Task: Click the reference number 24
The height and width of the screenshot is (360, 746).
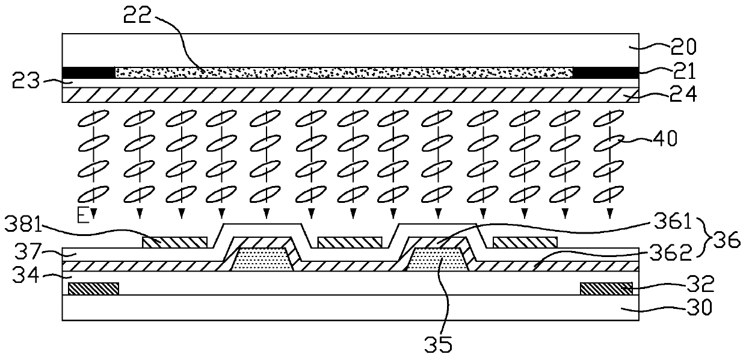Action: click(x=684, y=95)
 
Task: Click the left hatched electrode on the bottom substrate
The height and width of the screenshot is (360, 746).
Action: click(x=93, y=289)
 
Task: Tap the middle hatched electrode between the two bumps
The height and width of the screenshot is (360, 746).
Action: click(x=350, y=242)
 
